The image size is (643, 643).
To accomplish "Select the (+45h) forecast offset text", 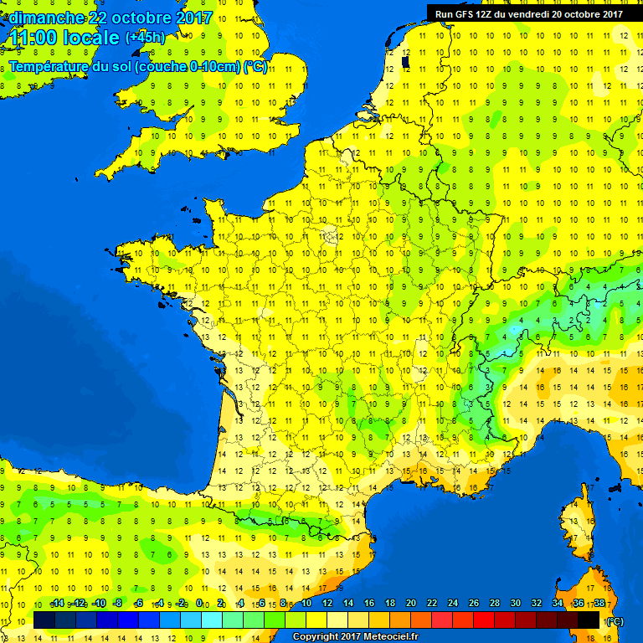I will pyautogui.click(x=145, y=38).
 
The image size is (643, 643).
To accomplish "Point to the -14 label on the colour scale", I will pyautogui.click(x=57, y=604).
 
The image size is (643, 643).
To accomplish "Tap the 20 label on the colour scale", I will pyautogui.click(x=411, y=604).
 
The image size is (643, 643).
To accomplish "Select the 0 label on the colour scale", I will pyautogui.click(x=199, y=604).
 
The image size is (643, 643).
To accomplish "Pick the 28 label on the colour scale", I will pyautogui.click(x=494, y=604).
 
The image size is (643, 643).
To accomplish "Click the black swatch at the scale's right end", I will pyautogui.click(x=589, y=619).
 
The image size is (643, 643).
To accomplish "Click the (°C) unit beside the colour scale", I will pyautogui.click(x=615, y=620).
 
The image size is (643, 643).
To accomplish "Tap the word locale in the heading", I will pyautogui.click(x=88, y=38).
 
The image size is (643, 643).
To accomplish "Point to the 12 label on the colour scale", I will pyautogui.click(x=327, y=604).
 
